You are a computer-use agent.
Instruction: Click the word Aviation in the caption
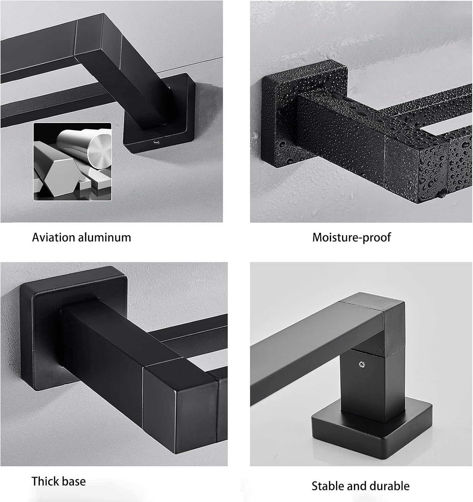[53, 237]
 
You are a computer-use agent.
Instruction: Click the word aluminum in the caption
[105, 237]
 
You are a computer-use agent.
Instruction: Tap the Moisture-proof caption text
[351, 238]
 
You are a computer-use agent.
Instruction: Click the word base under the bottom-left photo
[73, 481]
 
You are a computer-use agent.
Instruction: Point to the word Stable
[328, 486]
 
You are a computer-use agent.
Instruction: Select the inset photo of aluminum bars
[72, 162]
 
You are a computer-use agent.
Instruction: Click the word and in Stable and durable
[356, 486]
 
